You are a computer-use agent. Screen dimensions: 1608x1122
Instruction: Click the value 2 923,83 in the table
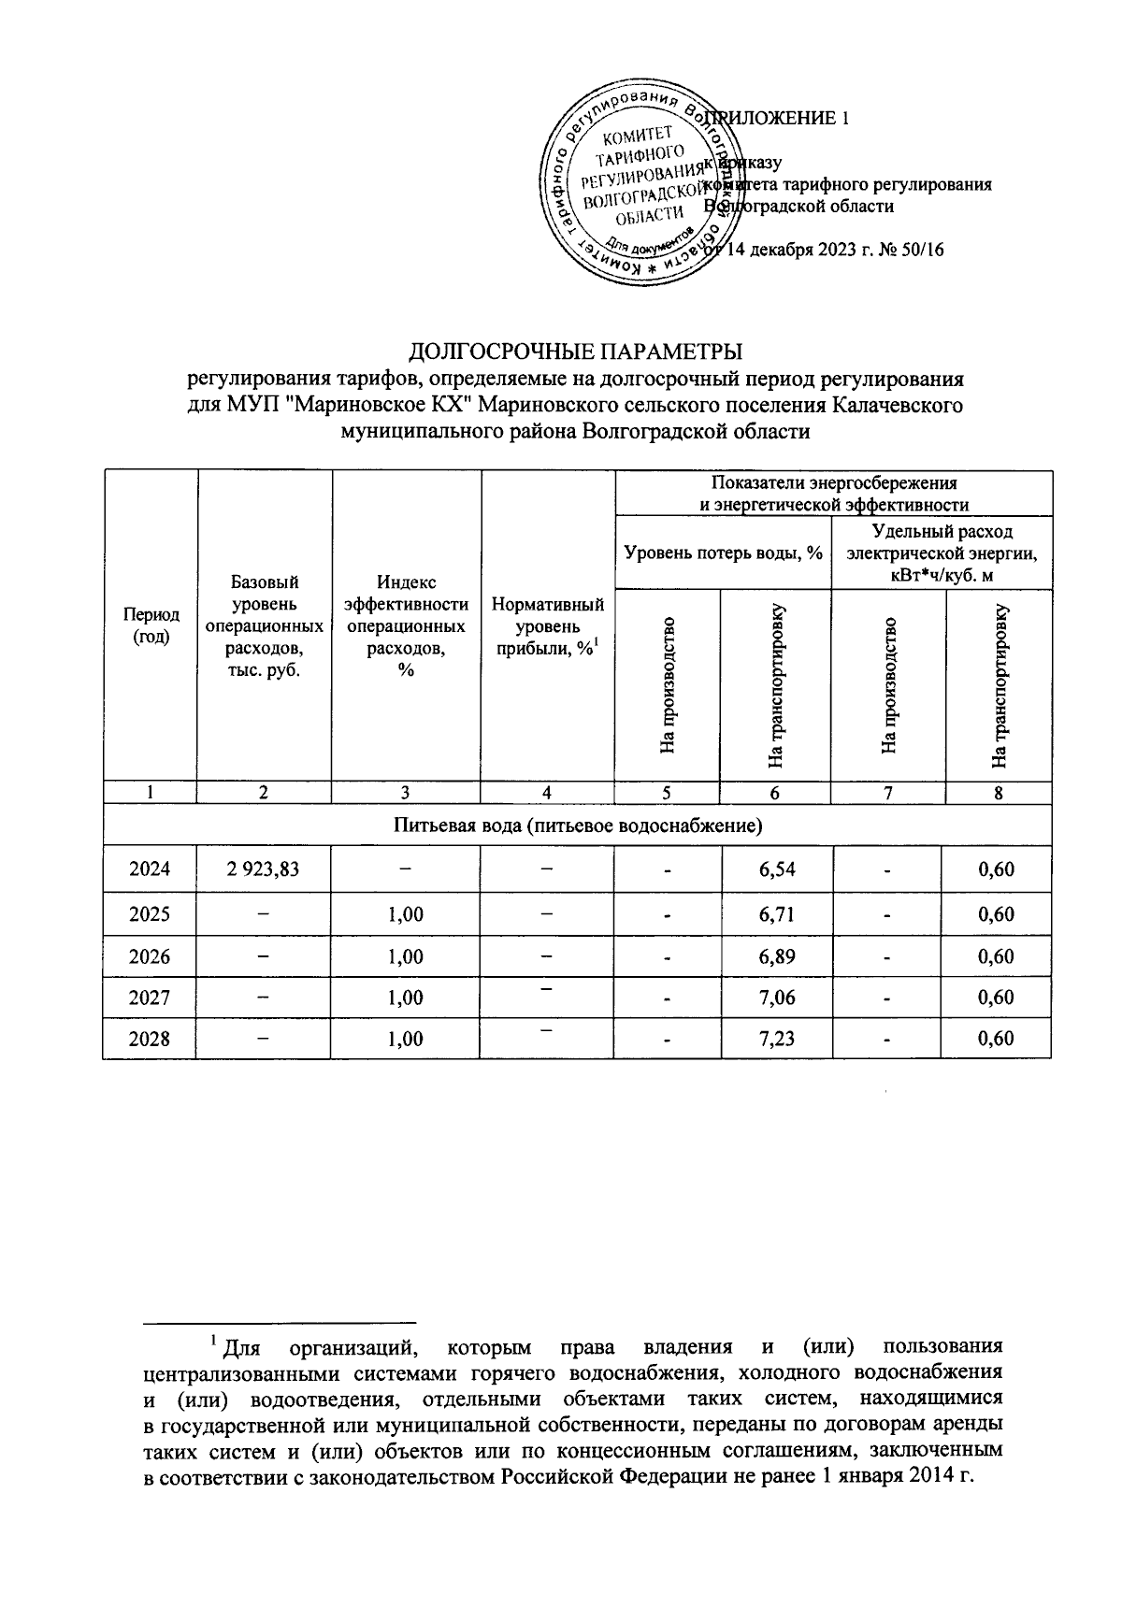point(264,869)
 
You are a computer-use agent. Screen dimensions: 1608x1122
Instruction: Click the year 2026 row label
point(150,956)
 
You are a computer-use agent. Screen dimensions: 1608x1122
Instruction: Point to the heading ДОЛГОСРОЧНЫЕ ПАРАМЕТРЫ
point(576,352)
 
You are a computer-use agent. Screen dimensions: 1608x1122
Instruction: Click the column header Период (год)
point(150,625)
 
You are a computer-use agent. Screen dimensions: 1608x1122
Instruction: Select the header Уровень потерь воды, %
point(723,553)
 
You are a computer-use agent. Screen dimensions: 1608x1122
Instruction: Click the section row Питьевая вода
point(576,826)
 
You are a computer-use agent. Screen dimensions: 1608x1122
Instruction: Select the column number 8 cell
point(998,793)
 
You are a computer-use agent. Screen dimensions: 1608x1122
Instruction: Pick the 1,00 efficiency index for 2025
point(406,913)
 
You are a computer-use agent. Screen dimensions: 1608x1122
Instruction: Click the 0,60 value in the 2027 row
point(996,998)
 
